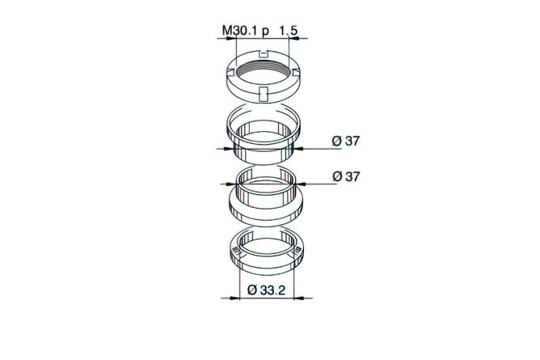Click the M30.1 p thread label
[x=246, y=31]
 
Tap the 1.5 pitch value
[x=289, y=31]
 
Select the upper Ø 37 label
[x=346, y=141]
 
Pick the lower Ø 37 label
[x=346, y=176]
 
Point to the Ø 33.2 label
[x=267, y=290]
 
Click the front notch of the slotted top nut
[x=264, y=94]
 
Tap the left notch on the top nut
[x=231, y=72]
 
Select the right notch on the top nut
[x=296, y=72]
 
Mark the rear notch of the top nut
[x=264, y=53]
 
